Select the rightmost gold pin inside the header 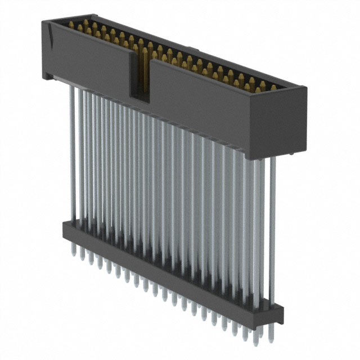pyautogui.click(x=273, y=88)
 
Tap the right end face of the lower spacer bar pyautogui.click(x=280, y=315)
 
